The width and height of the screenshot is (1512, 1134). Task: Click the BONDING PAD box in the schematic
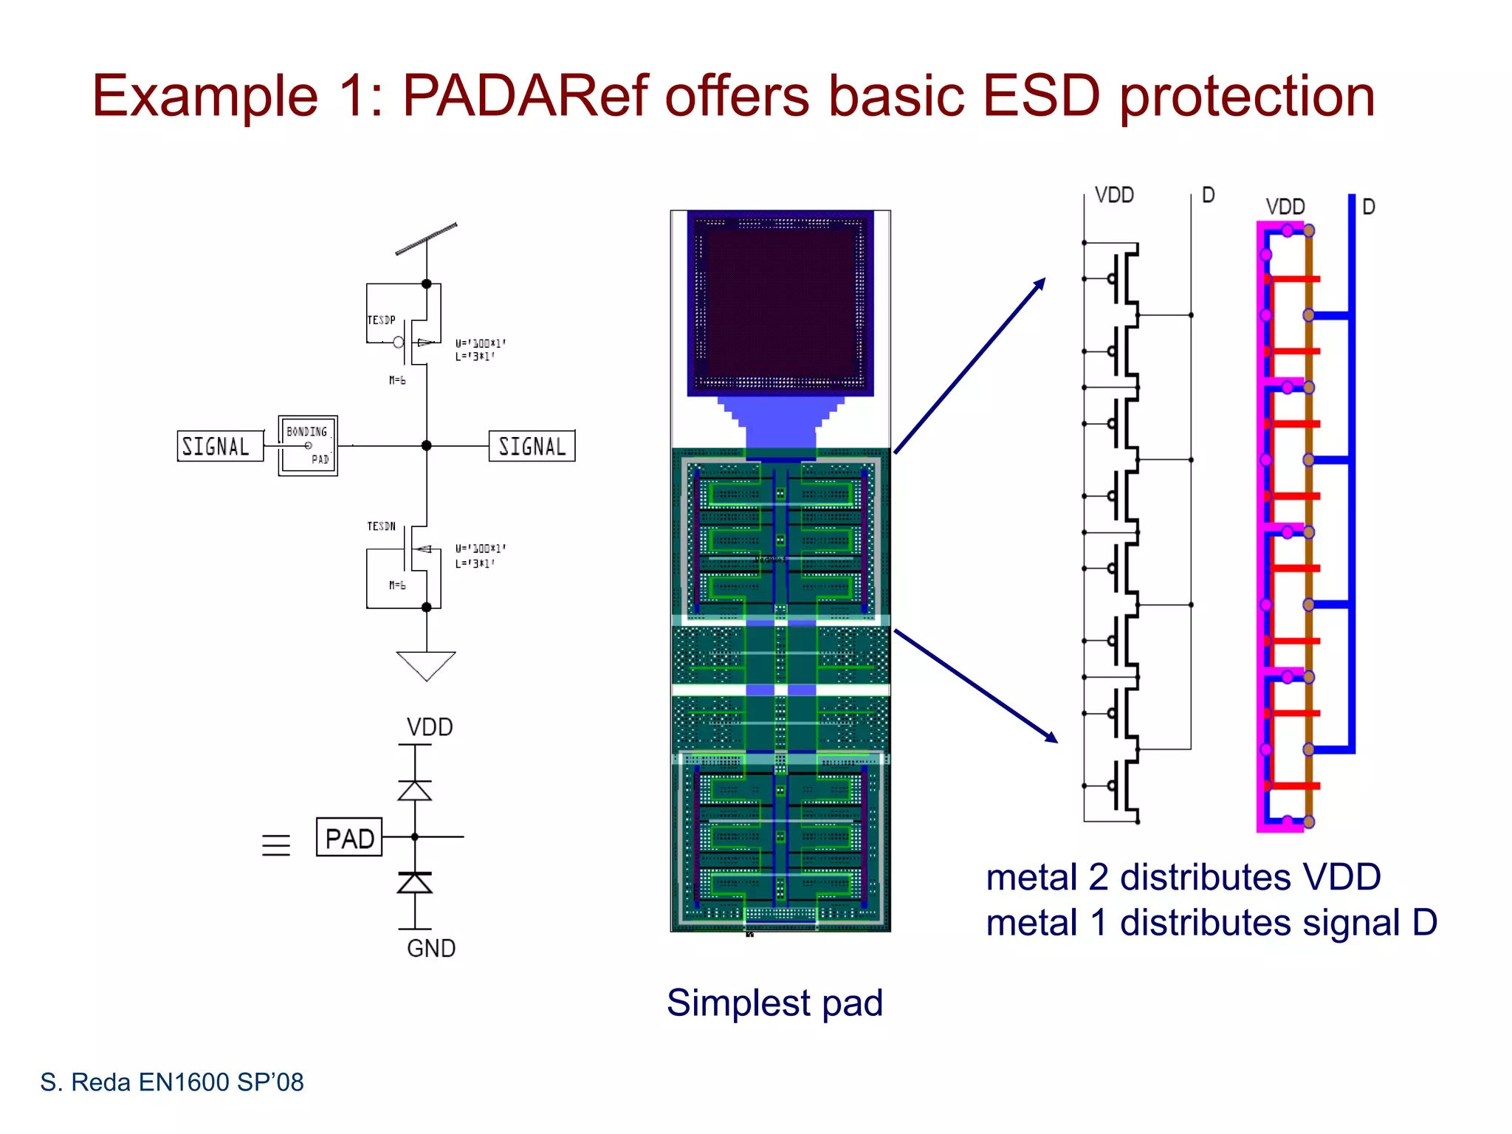click(x=308, y=445)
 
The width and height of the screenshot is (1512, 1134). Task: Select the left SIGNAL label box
click(x=219, y=446)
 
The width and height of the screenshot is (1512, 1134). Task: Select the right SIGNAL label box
click(x=532, y=446)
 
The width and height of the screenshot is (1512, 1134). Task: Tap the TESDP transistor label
click(x=381, y=320)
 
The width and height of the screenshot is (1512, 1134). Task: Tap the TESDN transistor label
click(x=381, y=526)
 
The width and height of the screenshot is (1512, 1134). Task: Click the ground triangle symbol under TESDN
click(x=426, y=664)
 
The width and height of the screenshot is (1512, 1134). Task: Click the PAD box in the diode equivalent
click(x=349, y=837)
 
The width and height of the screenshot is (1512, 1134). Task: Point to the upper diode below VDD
click(x=415, y=791)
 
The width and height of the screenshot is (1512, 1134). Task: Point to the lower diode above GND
click(x=415, y=883)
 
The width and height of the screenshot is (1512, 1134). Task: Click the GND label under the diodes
click(x=431, y=949)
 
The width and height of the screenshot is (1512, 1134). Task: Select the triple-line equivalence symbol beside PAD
click(x=276, y=845)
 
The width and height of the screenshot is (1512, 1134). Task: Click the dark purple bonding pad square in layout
click(x=780, y=303)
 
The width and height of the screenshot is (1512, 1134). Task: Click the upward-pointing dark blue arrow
click(x=970, y=365)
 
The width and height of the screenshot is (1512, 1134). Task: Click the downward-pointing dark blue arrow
click(x=976, y=686)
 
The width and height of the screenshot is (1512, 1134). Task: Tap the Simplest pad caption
click(x=774, y=1003)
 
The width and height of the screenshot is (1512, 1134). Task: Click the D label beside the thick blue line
click(x=1368, y=207)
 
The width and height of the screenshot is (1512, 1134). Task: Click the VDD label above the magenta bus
click(x=1285, y=207)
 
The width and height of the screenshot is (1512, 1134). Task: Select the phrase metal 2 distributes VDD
click(x=1183, y=878)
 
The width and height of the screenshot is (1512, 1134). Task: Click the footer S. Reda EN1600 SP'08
click(x=172, y=1082)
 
